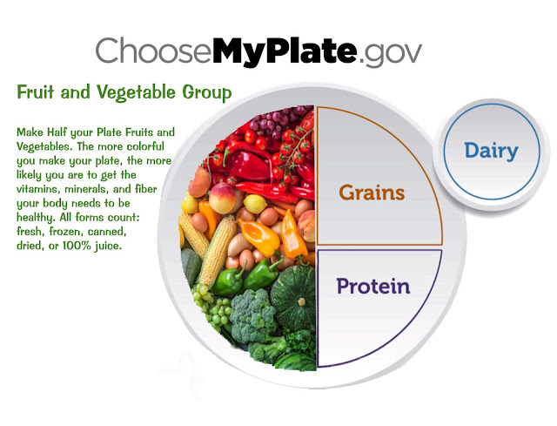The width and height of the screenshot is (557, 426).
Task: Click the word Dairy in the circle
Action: click(x=491, y=151)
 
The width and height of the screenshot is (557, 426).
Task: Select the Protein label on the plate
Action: click(x=372, y=285)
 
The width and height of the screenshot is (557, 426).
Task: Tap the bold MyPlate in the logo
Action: click(x=283, y=52)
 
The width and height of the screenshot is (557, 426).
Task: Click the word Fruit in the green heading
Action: click(x=36, y=91)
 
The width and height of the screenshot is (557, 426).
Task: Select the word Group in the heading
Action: click(x=206, y=91)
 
